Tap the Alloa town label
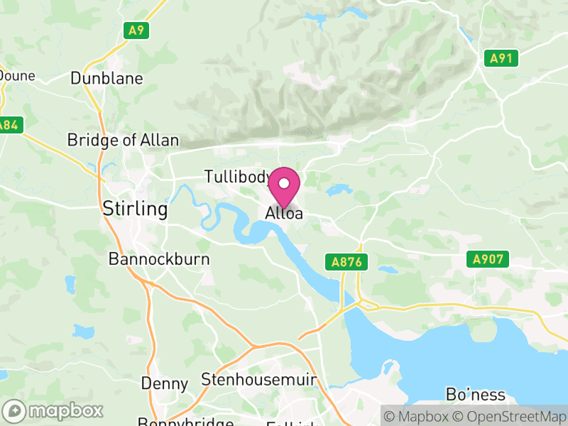point(284,213)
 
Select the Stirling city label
point(135,209)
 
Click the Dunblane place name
point(106,78)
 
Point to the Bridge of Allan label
point(123,140)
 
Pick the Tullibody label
point(236,177)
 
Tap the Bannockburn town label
point(159,259)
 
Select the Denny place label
point(165,384)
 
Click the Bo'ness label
point(476,395)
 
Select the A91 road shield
point(502,58)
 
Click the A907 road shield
point(489,259)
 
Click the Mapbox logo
point(54,410)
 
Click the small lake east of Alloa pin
point(339,190)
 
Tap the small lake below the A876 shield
point(388,270)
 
